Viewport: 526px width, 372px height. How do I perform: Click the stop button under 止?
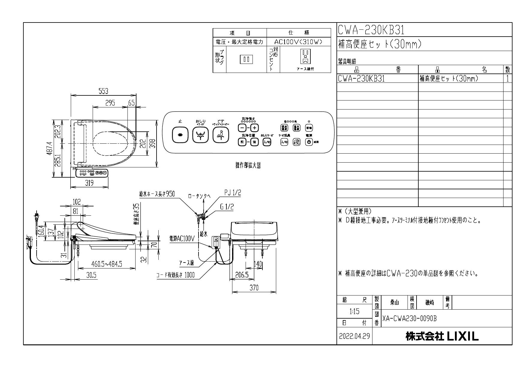point(180,135)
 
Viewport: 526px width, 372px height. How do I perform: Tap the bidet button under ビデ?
point(221,135)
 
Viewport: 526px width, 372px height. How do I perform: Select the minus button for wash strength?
point(242,128)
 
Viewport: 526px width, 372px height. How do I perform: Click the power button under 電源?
point(309,142)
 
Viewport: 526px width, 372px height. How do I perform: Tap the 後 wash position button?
point(254,142)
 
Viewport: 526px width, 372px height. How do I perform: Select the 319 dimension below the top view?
point(89,183)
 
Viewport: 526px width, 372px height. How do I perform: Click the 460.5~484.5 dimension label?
point(106,264)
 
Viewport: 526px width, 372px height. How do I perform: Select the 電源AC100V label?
point(182,238)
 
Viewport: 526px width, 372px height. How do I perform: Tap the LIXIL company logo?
point(442,336)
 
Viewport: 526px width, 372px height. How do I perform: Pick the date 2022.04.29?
point(354,336)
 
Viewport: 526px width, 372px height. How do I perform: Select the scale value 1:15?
point(354,311)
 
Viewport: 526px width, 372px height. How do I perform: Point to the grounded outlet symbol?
point(305,56)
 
